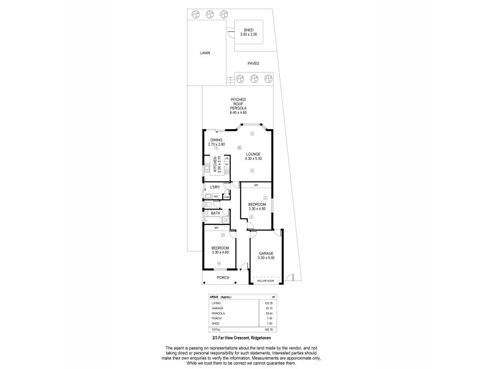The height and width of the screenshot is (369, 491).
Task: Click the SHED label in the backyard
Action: coord(249,30)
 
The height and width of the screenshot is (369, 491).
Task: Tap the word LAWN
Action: coord(205,53)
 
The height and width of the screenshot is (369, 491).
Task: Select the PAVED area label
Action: coord(253,63)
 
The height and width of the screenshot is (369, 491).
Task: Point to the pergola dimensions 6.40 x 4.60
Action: coord(238,113)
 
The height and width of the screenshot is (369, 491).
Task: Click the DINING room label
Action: coord(216,140)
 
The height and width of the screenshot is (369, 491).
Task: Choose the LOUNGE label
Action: coord(253,154)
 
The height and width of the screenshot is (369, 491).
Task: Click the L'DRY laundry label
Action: coord(215,187)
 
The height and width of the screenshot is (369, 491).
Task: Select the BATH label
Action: coord(215,213)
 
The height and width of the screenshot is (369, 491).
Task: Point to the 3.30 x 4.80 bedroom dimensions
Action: coord(257,209)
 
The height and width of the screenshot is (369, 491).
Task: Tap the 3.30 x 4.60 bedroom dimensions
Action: coord(219,252)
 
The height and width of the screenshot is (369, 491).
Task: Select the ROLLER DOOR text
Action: coord(266,280)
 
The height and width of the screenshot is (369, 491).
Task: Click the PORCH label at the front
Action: coord(223,277)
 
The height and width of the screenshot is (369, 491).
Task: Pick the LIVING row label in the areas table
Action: coord(215,303)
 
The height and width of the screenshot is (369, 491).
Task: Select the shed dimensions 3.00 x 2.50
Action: coord(249,34)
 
